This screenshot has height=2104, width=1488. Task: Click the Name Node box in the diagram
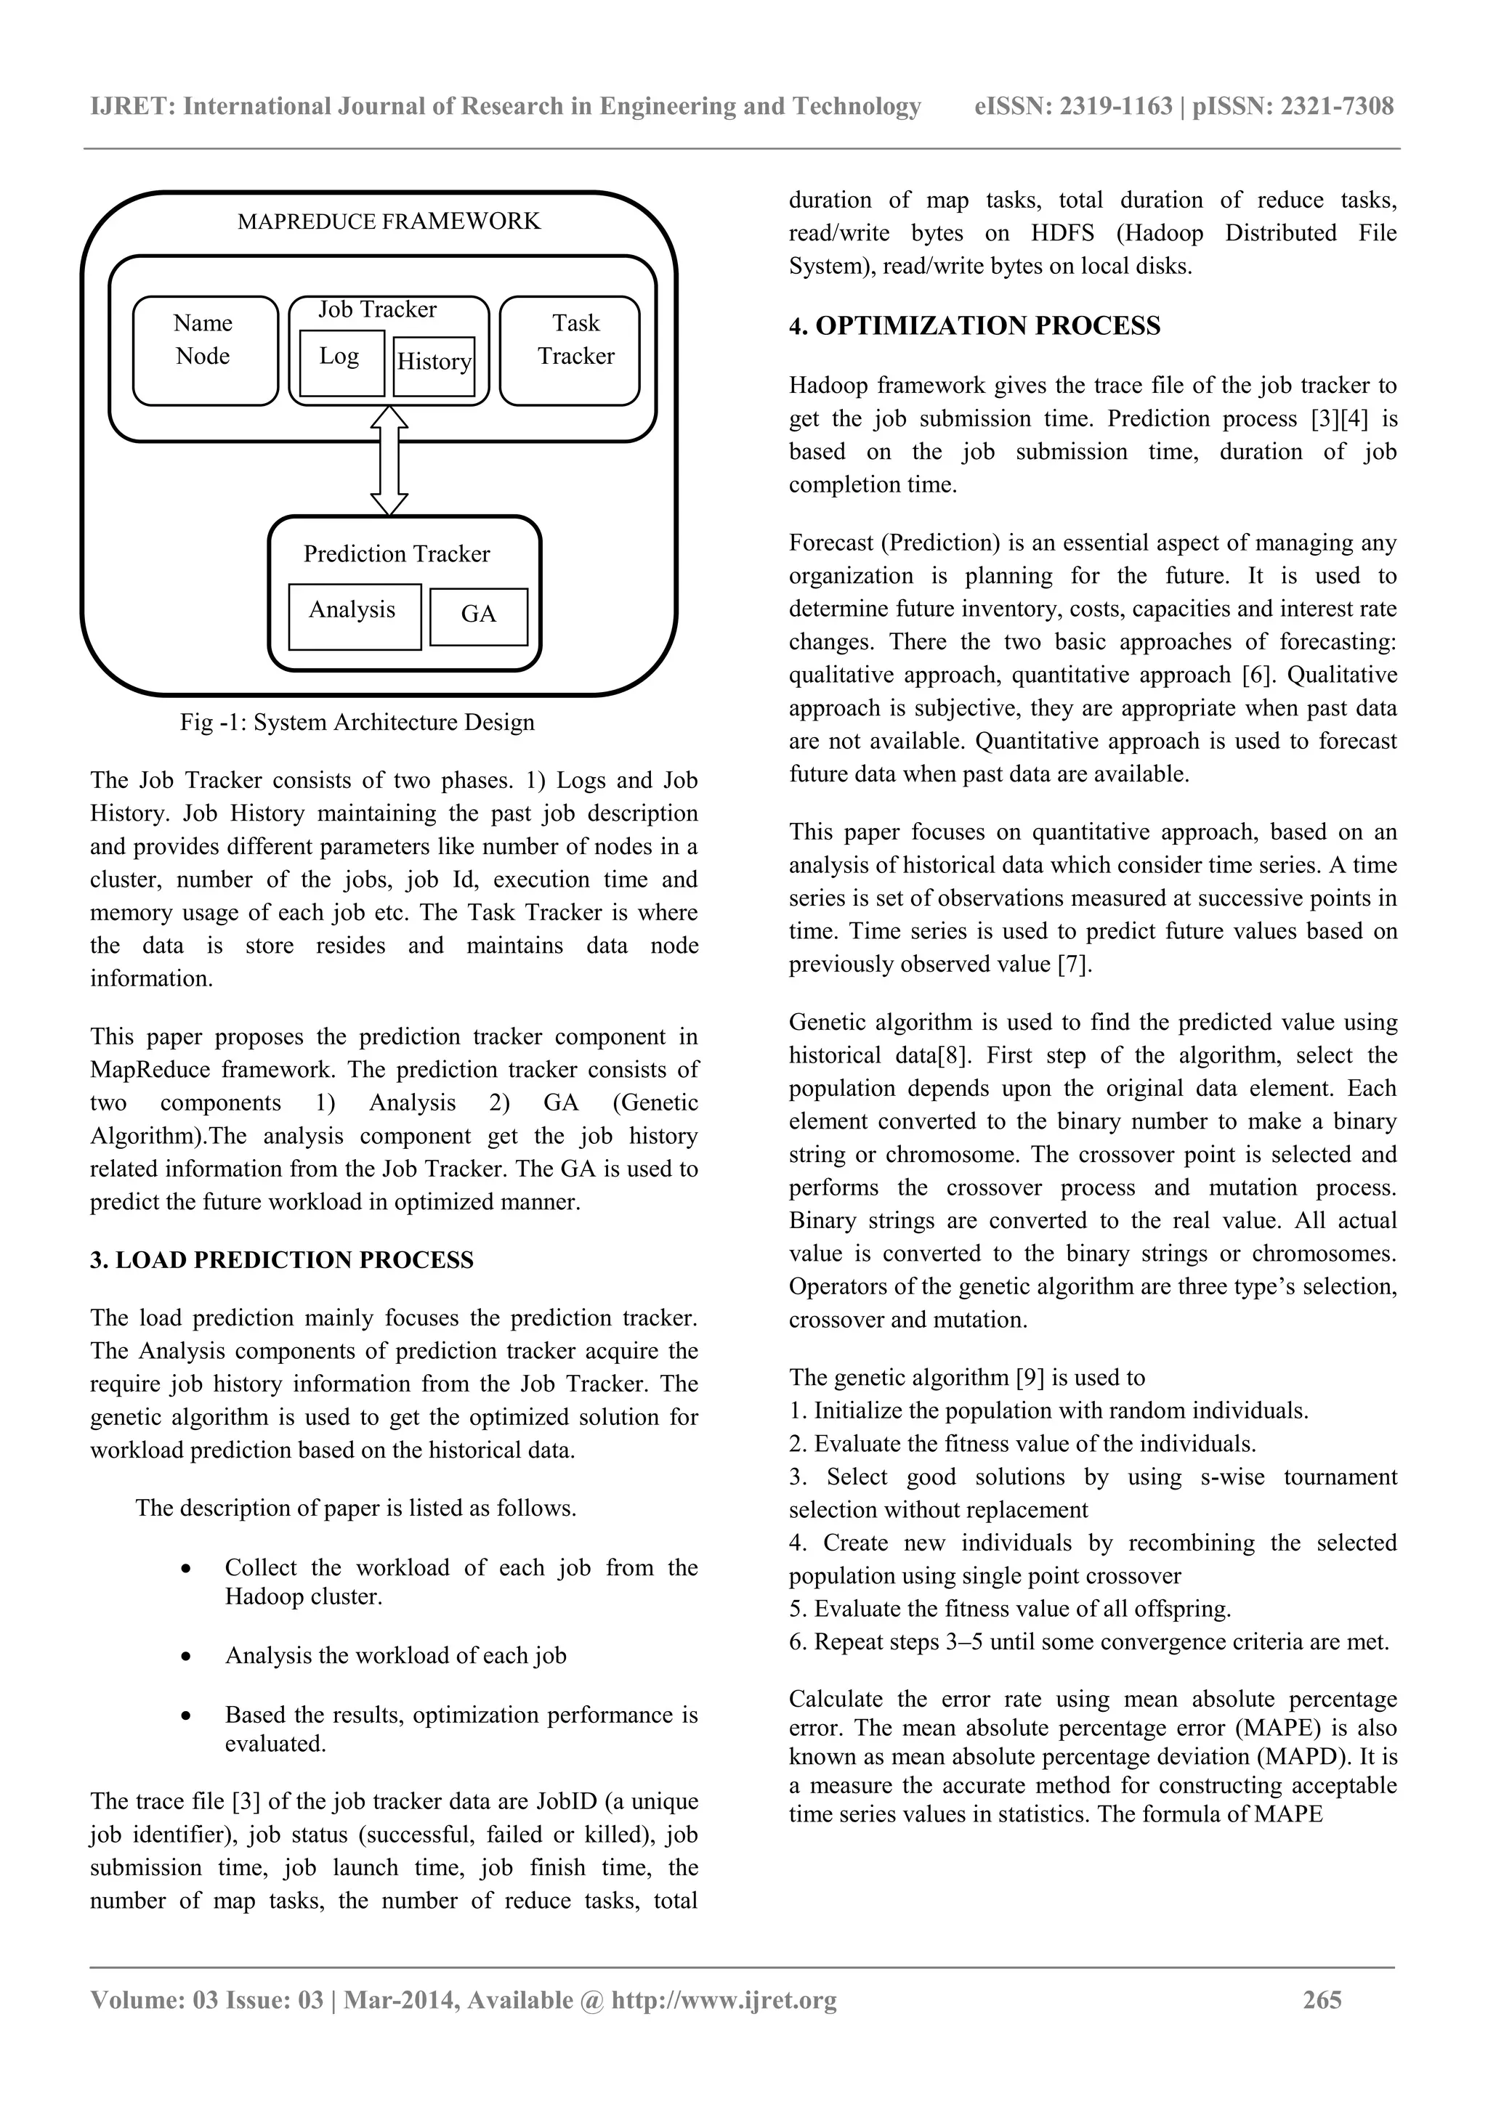tap(204, 350)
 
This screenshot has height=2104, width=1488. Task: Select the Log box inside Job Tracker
tap(341, 362)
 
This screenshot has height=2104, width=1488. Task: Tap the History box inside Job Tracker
tap(434, 365)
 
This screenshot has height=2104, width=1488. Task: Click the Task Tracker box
tap(570, 350)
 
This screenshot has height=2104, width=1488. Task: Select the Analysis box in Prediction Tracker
tap(354, 616)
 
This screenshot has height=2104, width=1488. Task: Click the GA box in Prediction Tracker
tap(479, 616)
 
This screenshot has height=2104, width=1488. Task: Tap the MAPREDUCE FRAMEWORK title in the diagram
tap(389, 222)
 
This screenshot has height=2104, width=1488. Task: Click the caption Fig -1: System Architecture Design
tap(357, 722)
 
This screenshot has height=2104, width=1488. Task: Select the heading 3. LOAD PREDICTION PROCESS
tap(281, 1260)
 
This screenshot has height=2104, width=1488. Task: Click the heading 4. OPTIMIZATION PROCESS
tap(974, 326)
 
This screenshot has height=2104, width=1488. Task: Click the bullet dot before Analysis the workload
tap(186, 1657)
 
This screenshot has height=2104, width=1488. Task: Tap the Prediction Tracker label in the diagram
tap(396, 554)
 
